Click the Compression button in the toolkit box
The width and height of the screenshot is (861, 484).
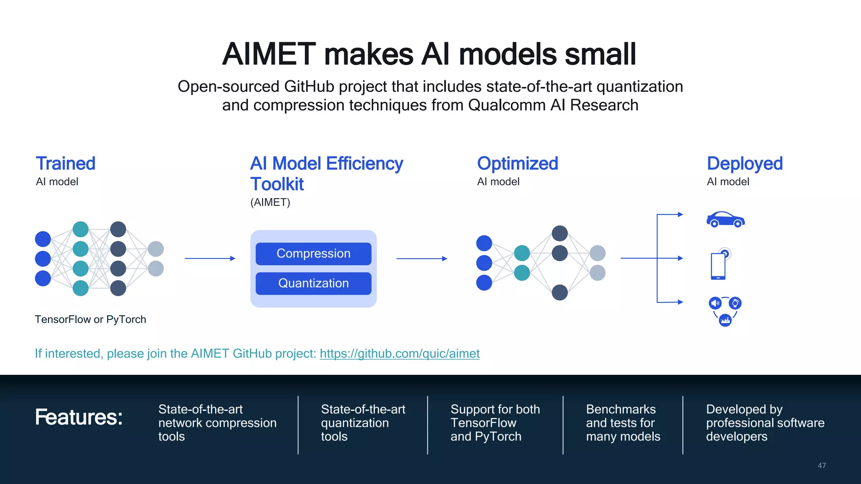[x=313, y=254]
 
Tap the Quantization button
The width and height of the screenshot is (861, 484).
[x=313, y=284]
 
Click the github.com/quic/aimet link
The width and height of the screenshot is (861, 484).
[x=399, y=353]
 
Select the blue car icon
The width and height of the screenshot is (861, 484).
[x=725, y=219]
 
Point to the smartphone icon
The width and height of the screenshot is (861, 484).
[x=718, y=266]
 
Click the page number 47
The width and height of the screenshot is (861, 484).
[x=821, y=466]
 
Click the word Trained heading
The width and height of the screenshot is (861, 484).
[x=66, y=163]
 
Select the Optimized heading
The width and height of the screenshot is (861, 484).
[x=518, y=163]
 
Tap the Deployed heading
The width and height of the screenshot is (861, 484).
[x=745, y=163]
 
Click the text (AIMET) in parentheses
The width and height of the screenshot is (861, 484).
[x=270, y=203]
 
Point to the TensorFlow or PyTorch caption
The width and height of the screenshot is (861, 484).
[x=90, y=319]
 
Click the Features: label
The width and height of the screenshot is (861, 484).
[x=79, y=417]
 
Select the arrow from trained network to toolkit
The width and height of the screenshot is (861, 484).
[x=209, y=258]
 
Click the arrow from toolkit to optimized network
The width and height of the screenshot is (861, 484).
[x=421, y=258]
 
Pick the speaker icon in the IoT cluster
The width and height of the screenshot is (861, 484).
[x=715, y=303]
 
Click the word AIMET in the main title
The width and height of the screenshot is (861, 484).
[x=269, y=55]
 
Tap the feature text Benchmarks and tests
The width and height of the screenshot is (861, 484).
[x=623, y=423]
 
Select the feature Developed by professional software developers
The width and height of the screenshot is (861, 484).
[x=765, y=423]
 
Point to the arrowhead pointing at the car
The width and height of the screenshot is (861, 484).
[x=680, y=214]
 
